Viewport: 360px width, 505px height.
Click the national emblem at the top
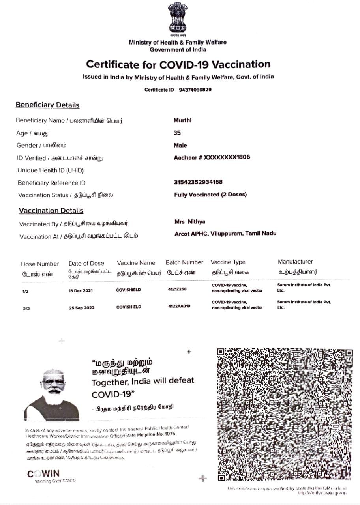pos(178,18)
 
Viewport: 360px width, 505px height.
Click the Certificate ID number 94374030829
pos(195,90)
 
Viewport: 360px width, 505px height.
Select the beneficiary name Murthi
pos(182,120)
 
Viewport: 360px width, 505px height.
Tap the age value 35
pos(177,133)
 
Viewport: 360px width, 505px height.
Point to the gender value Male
pos(180,145)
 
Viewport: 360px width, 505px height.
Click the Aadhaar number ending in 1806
pos(212,157)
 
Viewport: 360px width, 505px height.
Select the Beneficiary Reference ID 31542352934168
pos(198,182)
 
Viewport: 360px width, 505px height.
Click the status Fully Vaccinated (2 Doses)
pos(210,195)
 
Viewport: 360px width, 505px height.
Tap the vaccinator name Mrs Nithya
pos(190,222)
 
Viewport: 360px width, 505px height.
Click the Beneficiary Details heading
pos(47,105)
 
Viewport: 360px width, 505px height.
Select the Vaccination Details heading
pos(51,211)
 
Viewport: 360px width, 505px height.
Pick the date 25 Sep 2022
pos(82,308)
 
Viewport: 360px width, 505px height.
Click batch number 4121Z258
pos(177,289)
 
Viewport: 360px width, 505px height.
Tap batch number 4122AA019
pos(179,306)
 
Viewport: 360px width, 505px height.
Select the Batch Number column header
pos(184,262)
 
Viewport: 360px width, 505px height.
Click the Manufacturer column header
pos(295,262)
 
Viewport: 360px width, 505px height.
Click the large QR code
pos(285,414)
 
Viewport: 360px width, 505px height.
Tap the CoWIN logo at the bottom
pos(44,474)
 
